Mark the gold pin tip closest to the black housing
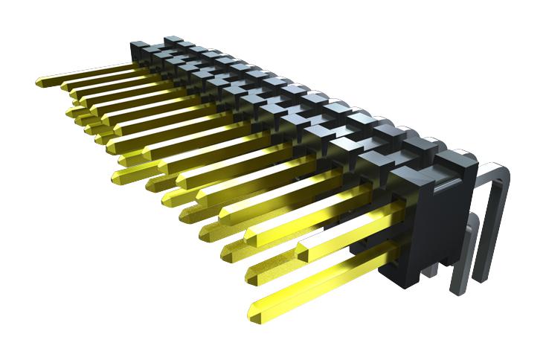(x=303, y=248)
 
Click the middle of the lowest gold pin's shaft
(x=320, y=278)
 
